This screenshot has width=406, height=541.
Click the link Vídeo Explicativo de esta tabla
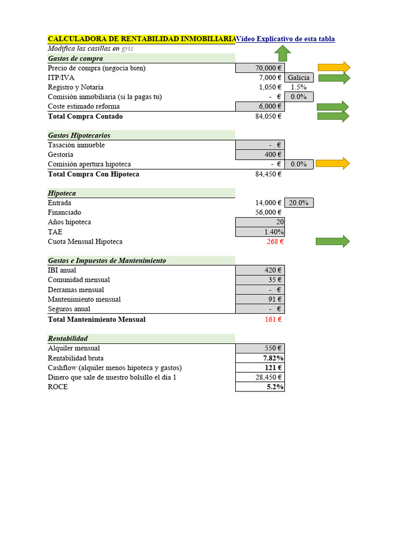coord(285,39)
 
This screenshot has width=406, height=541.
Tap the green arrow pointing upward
coord(283,53)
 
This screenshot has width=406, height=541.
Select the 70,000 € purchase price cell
coord(260,68)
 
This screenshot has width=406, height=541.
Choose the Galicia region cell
coord(299,78)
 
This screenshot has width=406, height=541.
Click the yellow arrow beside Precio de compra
coord(334,67)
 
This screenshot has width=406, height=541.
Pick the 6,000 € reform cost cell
coord(260,106)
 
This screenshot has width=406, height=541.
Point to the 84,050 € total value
coord(268,116)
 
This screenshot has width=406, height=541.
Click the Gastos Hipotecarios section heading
coord(79,135)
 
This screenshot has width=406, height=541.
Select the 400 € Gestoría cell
coord(260,155)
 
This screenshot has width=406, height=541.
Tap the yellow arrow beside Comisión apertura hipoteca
coord(334,163)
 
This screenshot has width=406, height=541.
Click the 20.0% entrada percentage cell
coord(299,203)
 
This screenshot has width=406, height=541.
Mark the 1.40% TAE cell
coord(260,232)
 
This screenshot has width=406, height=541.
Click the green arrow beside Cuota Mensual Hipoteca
coord(333,241)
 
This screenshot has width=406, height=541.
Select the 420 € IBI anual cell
coord(260,270)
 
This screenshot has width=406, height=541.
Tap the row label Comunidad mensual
coord(79,280)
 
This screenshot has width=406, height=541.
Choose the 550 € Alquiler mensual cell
coord(260,348)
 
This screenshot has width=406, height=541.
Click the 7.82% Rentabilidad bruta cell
coord(260,358)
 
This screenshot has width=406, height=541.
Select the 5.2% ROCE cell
coord(260,387)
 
